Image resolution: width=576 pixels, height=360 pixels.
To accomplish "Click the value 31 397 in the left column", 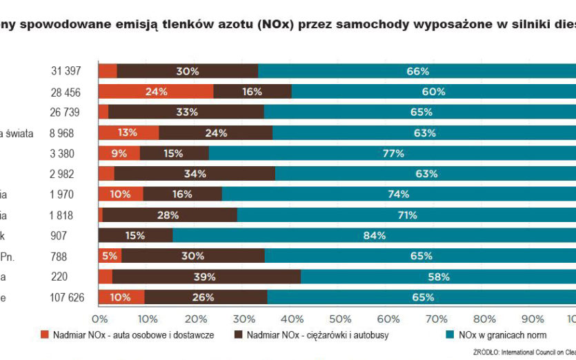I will (67, 71).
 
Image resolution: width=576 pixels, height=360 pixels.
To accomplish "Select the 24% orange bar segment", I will (156, 91).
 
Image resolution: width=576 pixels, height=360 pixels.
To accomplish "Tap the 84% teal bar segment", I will (374, 236).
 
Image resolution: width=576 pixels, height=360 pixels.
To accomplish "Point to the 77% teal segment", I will (392, 153).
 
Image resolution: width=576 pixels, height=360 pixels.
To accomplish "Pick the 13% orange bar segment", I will (129, 132).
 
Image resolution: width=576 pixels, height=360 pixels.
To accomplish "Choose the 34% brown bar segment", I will (195, 174).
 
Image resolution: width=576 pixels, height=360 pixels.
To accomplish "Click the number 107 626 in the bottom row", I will (63, 298).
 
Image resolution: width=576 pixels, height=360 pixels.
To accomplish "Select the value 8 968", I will (67, 133).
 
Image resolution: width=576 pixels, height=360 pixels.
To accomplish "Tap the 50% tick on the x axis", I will (340, 319).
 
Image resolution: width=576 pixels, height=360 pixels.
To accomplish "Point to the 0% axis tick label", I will (100, 319).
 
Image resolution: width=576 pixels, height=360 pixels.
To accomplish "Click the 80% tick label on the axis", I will (485, 319).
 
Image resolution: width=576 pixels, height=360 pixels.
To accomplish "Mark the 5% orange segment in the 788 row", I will (110, 257).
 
